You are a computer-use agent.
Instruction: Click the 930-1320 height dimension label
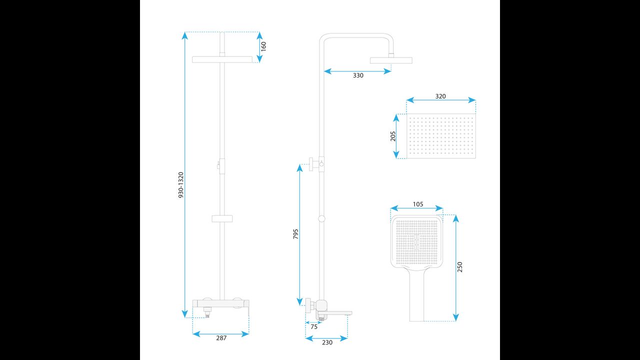click(181, 185)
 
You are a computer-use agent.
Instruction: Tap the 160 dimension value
click(263, 46)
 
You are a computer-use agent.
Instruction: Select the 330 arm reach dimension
click(358, 75)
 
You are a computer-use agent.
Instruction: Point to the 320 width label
click(440, 96)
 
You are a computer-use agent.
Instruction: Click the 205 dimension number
click(393, 136)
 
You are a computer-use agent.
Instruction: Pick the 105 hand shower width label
click(418, 204)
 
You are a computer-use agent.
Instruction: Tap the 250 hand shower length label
click(459, 267)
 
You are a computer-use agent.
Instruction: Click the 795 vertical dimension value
click(295, 234)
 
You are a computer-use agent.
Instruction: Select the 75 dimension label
click(314, 327)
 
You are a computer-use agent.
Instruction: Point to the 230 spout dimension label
click(327, 342)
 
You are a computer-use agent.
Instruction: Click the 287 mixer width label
click(221, 338)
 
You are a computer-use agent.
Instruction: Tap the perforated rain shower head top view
click(441, 136)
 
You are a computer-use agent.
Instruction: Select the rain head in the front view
click(222, 59)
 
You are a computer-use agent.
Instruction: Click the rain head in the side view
click(391, 60)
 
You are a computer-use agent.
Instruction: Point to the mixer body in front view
click(221, 304)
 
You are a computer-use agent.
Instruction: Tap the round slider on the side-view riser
click(321, 219)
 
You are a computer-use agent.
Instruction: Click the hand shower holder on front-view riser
click(222, 219)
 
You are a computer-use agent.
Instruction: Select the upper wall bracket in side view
click(316, 164)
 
